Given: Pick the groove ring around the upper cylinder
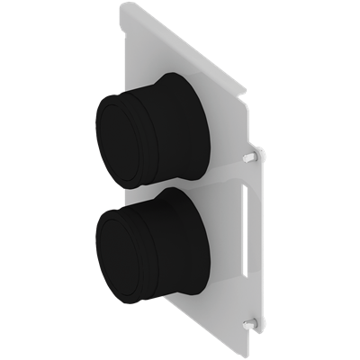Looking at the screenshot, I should [x=148, y=135].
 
